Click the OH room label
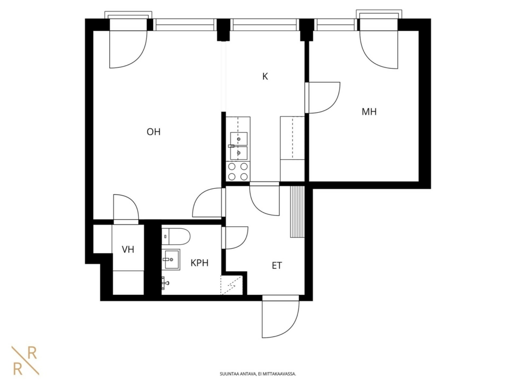click(153, 132)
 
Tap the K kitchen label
click(265, 76)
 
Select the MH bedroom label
click(369, 112)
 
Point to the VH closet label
click(128, 249)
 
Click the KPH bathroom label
click(199, 263)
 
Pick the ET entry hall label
click(277, 265)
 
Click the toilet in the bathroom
click(176, 236)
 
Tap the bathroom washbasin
click(171, 259)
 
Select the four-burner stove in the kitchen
click(238, 171)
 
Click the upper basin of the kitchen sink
click(238, 138)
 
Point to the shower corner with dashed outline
click(231, 285)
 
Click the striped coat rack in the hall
click(297, 211)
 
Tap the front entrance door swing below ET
click(281, 316)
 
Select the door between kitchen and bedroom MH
click(323, 98)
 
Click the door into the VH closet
click(126, 209)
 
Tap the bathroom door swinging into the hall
click(234, 238)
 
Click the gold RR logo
click(26, 360)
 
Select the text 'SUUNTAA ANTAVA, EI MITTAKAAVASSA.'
click(258, 374)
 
